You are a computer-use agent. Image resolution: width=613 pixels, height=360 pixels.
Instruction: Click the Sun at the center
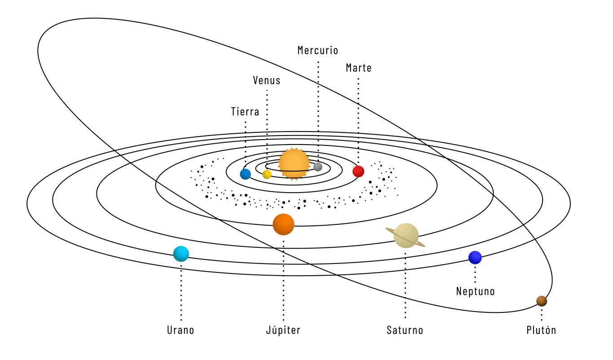[294, 164]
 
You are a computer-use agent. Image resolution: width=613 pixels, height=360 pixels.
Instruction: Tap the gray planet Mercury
[318, 167]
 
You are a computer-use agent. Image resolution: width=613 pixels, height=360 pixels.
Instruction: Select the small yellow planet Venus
[267, 174]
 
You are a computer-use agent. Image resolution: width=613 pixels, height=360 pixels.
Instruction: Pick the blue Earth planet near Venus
[245, 174]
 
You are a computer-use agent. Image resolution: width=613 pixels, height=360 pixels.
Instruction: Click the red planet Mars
[358, 171]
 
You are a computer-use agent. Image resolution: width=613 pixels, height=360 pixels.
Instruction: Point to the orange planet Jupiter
[284, 224]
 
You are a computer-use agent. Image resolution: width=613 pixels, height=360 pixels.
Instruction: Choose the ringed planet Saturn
[406, 236]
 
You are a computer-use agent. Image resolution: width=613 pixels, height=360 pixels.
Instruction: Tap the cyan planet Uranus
[181, 254]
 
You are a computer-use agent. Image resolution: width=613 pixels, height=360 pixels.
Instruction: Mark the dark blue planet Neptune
[475, 258]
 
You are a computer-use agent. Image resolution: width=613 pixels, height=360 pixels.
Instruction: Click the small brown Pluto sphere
[542, 301]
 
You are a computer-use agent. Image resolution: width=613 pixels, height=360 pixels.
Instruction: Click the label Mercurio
[318, 50]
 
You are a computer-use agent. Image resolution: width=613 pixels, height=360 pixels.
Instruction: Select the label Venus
[267, 80]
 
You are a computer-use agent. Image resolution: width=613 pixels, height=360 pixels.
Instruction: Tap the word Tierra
[245, 112]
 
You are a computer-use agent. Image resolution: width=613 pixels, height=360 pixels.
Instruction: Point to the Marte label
[359, 68]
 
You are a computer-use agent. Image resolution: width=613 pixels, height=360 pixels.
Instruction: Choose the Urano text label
[181, 330]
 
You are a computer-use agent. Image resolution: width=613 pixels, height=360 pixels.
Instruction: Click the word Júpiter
[283, 330]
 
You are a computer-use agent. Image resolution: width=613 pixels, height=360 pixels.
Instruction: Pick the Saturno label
[405, 330]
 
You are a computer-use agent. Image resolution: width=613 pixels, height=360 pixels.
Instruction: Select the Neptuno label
[475, 291]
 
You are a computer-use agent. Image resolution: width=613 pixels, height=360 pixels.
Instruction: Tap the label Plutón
[541, 330]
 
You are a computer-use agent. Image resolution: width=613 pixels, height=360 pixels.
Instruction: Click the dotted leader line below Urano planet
[181, 292]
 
